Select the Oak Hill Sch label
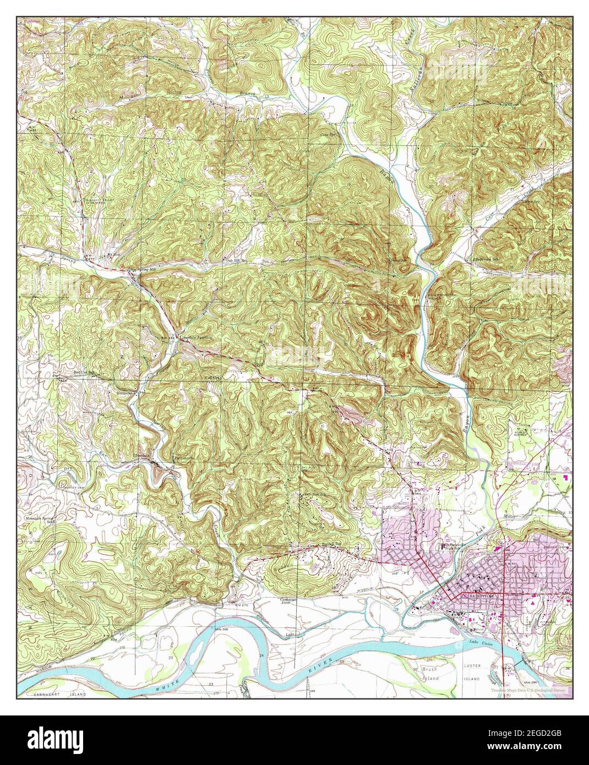pyautogui.click(x=237, y=260)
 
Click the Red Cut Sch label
pyautogui.click(x=84, y=373)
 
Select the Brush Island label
pyautogui.click(x=432, y=674)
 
